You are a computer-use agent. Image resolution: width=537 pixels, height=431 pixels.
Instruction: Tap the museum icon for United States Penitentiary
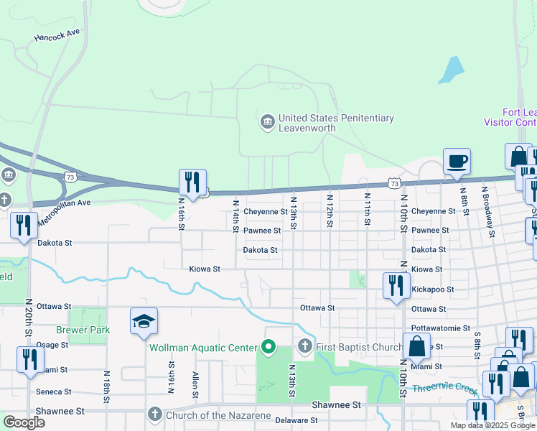tap(268, 123)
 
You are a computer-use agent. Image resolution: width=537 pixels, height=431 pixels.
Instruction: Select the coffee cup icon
tap(456, 161)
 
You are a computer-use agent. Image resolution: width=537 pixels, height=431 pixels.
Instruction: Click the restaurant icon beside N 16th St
tap(192, 182)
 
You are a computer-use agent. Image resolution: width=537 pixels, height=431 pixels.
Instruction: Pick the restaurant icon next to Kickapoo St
tap(396, 285)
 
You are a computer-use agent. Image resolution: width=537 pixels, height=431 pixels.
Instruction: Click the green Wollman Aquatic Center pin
tap(268, 348)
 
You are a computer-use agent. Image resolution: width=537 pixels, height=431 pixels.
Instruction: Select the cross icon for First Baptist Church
tap(305, 348)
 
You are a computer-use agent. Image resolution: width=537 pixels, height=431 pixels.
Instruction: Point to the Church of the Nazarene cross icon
tap(154, 414)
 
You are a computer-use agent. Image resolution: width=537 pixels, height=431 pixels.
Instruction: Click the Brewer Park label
tap(90, 330)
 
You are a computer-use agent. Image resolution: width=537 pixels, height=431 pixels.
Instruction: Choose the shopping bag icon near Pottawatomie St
tap(416, 346)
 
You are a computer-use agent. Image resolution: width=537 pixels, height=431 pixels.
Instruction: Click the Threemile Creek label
tap(445, 390)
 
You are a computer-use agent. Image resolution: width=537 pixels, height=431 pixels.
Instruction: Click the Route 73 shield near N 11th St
tap(394, 184)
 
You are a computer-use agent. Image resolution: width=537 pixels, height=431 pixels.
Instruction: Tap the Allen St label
tap(195, 384)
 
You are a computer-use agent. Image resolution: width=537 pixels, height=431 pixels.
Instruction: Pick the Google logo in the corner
tap(24, 422)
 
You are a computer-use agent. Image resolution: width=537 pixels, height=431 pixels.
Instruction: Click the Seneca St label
tap(55, 391)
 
